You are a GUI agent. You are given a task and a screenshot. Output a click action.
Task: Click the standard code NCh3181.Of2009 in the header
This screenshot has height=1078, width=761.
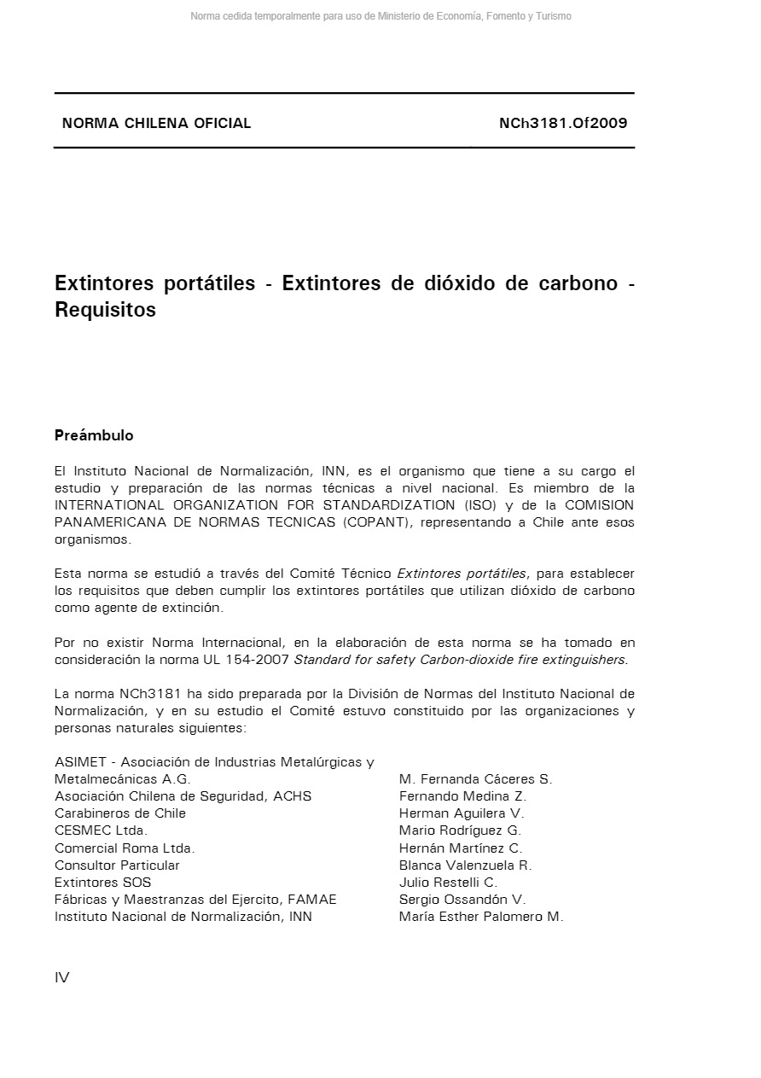563,123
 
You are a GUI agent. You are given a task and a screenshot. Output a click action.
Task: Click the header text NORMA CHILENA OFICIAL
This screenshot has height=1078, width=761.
156,123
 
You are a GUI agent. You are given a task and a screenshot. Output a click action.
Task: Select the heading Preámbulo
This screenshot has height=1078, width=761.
94,435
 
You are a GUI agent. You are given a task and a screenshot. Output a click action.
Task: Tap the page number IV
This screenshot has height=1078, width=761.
62,978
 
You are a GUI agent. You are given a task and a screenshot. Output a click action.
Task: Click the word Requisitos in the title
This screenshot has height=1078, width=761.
105,310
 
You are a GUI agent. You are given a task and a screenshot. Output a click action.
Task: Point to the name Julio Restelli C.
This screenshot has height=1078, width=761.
448,883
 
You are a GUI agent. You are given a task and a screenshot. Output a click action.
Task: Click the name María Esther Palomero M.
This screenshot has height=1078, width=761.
481,917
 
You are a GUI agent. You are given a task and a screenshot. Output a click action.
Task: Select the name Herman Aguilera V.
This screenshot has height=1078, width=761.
462,813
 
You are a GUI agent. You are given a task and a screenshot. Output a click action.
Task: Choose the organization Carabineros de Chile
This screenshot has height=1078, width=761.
120,813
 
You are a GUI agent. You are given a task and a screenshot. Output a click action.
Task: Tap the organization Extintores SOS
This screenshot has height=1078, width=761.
102,883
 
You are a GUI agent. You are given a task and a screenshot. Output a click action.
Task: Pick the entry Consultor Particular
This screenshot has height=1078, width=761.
117,865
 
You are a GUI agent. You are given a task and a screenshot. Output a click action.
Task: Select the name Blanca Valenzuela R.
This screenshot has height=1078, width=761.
465,865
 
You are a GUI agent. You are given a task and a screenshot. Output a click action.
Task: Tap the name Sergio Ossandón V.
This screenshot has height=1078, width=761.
462,900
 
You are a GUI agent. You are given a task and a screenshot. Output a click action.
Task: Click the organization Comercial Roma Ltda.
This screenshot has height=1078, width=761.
125,848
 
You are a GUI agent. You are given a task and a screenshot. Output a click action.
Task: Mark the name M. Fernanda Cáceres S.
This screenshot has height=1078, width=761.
475,779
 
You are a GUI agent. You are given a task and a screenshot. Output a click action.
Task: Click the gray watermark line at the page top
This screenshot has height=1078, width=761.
380,16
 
